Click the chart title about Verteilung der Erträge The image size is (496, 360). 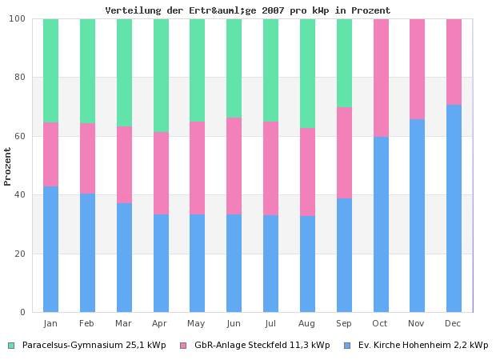pos(248,10)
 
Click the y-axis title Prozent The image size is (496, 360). pos(8,166)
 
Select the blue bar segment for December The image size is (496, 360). pos(454,208)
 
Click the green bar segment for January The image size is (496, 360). pos(50,70)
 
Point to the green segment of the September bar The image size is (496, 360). pos(344,63)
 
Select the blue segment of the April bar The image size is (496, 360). pos(161,262)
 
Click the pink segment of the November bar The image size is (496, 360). pos(417,70)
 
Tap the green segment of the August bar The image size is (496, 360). pos(307,73)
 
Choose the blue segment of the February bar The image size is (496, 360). pos(87,252)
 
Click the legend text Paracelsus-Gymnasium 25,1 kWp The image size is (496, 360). pos(94,346)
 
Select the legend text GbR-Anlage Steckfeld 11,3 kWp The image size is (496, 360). pos(262,346)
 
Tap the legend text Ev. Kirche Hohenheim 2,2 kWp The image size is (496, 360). pos(422,346)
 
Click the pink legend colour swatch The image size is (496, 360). pos(183,346)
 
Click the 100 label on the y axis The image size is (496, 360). pos(18,18)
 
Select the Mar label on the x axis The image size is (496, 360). pos(123,323)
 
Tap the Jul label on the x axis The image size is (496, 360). pos(270,323)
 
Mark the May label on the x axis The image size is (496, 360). pos(197,323)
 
